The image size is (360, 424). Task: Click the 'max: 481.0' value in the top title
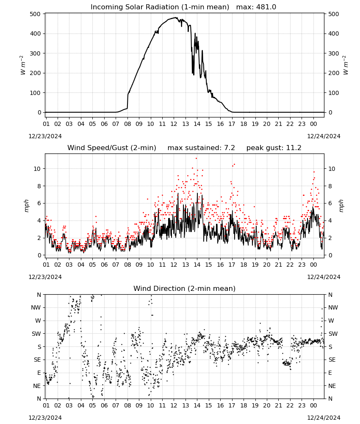[256, 7]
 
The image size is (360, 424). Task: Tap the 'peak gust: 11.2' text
[274, 148]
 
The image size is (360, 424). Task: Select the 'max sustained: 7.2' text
[201, 148]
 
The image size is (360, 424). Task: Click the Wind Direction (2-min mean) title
[185, 288]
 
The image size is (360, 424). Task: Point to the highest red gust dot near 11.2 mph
[197, 159]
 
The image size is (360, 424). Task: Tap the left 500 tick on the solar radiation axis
[36, 14]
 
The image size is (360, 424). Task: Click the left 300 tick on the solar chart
[36, 53]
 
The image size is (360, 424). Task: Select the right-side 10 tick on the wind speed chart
[331, 169]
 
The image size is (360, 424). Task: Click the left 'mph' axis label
[26, 206]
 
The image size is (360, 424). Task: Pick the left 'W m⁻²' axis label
[23, 65]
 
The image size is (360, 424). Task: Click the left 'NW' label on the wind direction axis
[36, 307]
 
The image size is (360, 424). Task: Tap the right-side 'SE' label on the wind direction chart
[332, 360]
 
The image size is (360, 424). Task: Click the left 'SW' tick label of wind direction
[36, 334]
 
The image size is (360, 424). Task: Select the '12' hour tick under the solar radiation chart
[174, 124]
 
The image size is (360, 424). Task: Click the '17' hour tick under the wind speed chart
[232, 265]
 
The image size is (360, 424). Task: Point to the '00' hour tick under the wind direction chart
[313, 405]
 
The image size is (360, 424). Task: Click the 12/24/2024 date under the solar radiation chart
[324, 136]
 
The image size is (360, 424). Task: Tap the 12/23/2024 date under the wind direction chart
[45, 418]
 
